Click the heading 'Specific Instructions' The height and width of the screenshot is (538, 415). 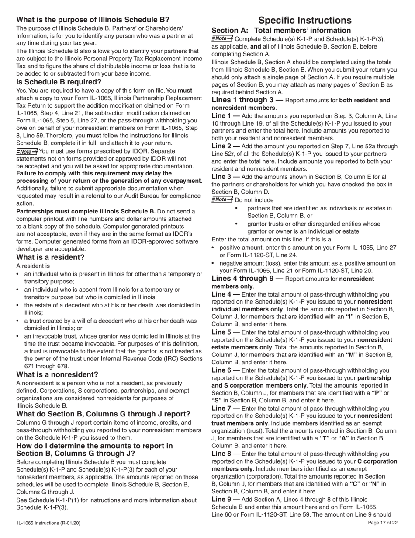pos(304,20)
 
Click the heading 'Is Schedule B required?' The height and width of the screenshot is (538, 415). pos(59,82)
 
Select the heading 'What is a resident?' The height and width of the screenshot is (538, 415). pos(51,257)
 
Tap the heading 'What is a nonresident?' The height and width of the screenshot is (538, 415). pos(57,374)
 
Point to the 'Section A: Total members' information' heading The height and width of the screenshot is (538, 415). pos(281,31)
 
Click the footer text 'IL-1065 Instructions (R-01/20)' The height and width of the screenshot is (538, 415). pos(48,523)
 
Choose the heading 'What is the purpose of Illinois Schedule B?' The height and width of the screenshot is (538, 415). pos(93,20)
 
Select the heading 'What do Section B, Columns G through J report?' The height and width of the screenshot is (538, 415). pos(103,414)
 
